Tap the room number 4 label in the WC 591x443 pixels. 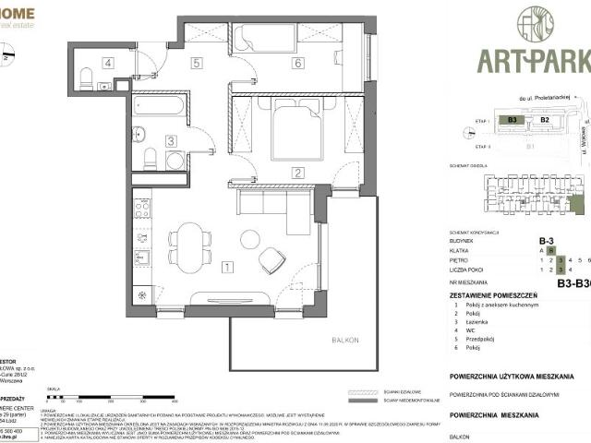(x=108, y=64)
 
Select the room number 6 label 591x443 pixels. (x=296, y=64)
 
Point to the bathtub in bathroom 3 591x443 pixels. (x=159, y=106)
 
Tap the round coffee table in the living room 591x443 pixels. (x=249, y=239)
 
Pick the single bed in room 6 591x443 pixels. (x=264, y=38)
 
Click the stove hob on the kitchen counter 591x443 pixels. (x=142, y=209)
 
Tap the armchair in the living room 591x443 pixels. (x=272, y=261)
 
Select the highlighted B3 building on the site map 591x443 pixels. (x=511, y=120)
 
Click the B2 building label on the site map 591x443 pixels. (x=544, y=120)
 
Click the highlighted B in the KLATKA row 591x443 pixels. (x=550, y=249)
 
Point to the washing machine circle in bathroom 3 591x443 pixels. (x=175, y=160)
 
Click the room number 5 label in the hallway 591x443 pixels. (x=197, y=64)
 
